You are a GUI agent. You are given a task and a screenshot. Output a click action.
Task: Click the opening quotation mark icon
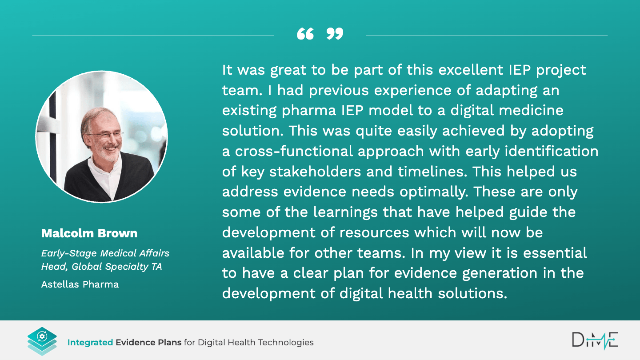(x=305, y=34)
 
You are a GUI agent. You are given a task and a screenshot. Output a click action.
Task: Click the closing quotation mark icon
(x=335, y=34)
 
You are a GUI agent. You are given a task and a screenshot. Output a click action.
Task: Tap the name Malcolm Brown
(x=89, y=233)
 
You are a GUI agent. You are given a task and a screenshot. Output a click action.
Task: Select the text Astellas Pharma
(x=80, y=284)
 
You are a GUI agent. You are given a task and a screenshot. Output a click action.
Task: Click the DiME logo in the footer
(x=595, y=340)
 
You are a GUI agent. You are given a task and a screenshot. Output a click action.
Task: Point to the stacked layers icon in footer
(x=42, y=341)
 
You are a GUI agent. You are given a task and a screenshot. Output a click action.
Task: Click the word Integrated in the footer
(x=90, y=342)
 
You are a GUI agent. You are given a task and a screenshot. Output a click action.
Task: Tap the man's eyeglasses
(x=106, y=134)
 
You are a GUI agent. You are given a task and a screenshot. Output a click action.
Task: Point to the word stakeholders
(x=315, y=172)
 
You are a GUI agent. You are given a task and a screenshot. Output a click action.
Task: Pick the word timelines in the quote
(x=432, y=172)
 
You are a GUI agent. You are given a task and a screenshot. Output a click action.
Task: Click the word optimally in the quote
(x=434, y=192)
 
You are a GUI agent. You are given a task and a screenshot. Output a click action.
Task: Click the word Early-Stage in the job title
(x=69, y=253)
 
